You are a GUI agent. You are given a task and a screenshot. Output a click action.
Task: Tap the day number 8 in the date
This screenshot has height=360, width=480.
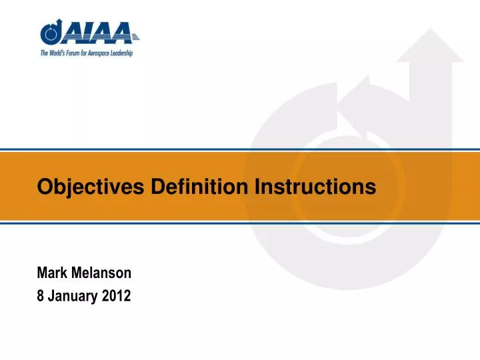pos(40,297)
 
